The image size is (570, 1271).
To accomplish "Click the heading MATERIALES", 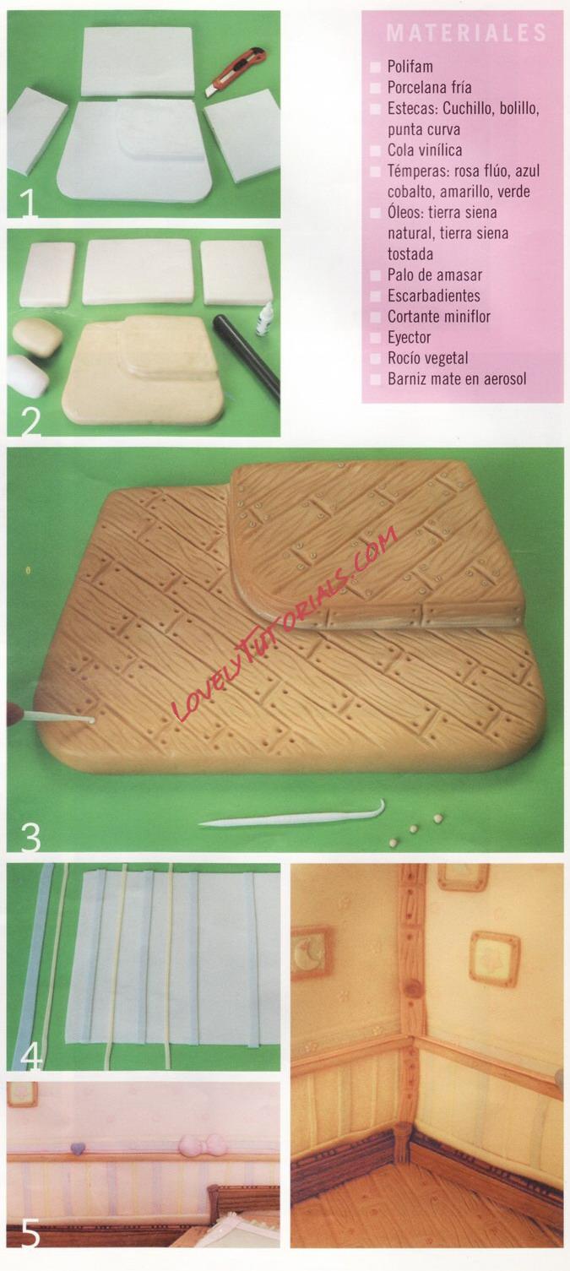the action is pos(466,33).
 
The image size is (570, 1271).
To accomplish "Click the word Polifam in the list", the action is pos(410,67).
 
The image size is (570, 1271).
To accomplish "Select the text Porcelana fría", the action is pos(429,87).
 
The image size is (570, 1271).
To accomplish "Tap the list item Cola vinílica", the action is pos(425,150).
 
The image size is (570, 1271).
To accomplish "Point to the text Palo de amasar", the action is pos(435,275).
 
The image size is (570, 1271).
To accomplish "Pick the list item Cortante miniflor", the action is pos(439,317).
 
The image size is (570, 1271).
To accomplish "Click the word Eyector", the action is pos(410,338).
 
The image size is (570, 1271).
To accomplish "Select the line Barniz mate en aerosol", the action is pos(457,379).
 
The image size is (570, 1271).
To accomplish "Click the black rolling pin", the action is pos(246,356).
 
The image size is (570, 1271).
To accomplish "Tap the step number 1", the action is pos(27,205).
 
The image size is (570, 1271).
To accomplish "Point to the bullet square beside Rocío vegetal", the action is pos(375,359).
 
